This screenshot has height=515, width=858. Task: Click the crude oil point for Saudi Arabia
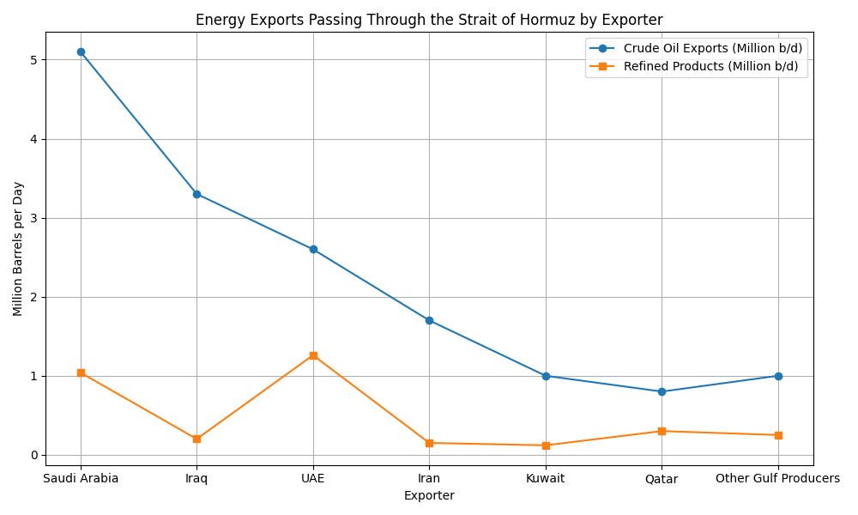[81, 51]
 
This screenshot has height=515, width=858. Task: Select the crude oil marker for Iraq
[196, 194]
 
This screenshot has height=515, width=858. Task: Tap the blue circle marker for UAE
[313, 249]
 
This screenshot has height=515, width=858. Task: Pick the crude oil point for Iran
[429, 320]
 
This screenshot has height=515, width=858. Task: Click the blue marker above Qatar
[662, 391]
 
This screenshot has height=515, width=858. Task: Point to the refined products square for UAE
[313, 355]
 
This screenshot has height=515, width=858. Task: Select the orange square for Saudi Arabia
[81, 373]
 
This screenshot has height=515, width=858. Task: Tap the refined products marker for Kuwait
[546, 445]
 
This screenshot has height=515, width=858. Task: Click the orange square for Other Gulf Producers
[778, 435]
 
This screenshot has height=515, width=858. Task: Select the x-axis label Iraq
[196, 478]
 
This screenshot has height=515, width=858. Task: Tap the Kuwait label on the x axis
[546, 478]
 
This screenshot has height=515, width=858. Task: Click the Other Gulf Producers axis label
[778, 478]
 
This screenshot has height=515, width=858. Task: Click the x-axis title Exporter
[429, 495]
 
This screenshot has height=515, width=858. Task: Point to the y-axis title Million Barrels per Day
[18, 249]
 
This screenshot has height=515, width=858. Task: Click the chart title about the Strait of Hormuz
[429, 20]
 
